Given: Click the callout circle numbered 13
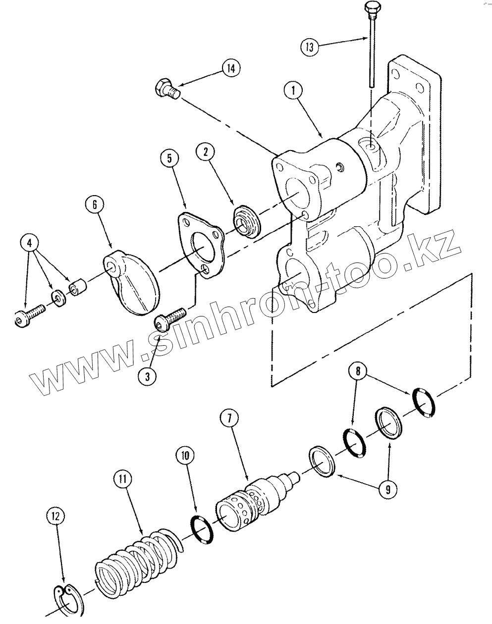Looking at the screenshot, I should pos(310,48).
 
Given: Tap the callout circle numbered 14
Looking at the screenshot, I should pos(231,69).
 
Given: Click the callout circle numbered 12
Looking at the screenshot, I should pos(55,517).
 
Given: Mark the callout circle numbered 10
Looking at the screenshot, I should pos(185,455).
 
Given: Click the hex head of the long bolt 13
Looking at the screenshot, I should pos(371,8).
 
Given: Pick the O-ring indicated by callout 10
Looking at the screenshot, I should pos(201,530).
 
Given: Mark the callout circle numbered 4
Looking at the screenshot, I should pos(29,243).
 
